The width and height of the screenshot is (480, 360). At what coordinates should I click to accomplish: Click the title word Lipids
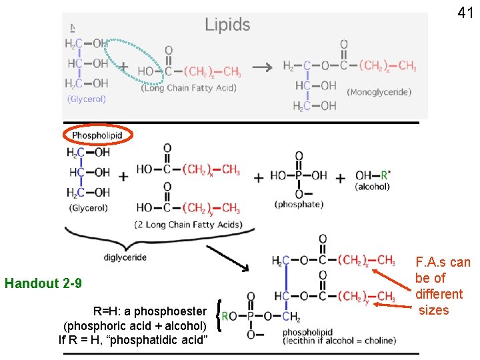(227, 25)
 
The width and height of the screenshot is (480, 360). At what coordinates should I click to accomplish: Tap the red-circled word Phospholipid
(97, 135)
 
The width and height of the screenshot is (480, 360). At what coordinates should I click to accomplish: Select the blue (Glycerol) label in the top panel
(86, 99)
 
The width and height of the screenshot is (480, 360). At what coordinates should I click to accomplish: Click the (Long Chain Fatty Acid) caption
(189, 87)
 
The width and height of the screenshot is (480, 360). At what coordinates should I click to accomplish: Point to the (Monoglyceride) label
(379, 92)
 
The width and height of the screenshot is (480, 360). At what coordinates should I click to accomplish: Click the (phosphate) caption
(299, 205)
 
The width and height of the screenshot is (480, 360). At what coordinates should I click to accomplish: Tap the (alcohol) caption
(372, 187)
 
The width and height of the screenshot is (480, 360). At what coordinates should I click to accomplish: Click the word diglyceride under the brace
(125, 257)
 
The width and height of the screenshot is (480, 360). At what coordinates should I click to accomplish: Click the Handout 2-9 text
(43, 283)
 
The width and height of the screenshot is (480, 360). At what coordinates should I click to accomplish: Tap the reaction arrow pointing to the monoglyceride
(264, 67)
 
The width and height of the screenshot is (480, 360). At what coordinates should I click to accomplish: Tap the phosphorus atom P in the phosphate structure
(299, 175)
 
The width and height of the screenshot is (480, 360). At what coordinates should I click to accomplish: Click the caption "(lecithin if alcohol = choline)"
(339, 341)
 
